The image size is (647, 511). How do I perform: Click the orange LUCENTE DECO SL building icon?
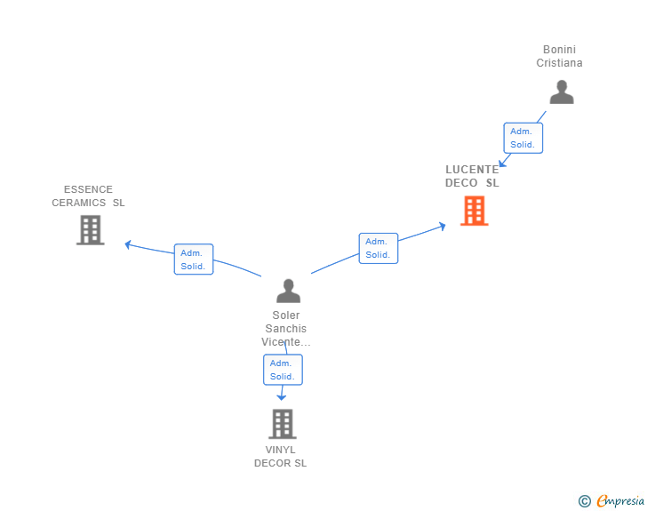(x=474, y=211)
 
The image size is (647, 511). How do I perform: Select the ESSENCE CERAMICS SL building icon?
(x=91, y=230)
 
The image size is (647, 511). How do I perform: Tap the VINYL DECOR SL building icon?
(x=283, y=424)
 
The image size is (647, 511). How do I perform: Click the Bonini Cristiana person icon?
(x=562, y=92)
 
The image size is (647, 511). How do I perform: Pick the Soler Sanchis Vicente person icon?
(x=289, y=291)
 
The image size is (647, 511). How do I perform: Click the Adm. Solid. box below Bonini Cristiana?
(x=523, y=138)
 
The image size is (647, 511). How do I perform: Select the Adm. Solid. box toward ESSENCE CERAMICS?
(x=194, y=259)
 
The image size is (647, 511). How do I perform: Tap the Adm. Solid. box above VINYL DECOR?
(x=283, y=370)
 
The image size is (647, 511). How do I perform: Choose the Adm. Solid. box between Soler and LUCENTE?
(x=379, y=248)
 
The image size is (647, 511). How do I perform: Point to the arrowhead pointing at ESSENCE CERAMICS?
(x=127, y=244)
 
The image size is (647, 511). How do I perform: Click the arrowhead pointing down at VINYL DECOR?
(x=282, y=397)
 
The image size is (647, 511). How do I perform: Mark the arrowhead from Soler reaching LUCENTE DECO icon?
(x=443, y=227)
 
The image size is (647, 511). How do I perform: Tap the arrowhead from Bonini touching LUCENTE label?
(x=502, y=163)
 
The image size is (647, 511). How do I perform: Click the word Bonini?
(x=559, y=50)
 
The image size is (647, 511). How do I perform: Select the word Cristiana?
(x=559, y=63)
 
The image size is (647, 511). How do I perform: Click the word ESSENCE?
(x=88, y=189)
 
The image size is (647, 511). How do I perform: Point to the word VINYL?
(x=280, y=450)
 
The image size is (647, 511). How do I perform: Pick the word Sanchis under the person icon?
(x=285, y=329)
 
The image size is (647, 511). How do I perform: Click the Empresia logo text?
(x=620, y=500)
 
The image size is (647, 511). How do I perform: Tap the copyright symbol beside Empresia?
(x=584, y=501)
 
